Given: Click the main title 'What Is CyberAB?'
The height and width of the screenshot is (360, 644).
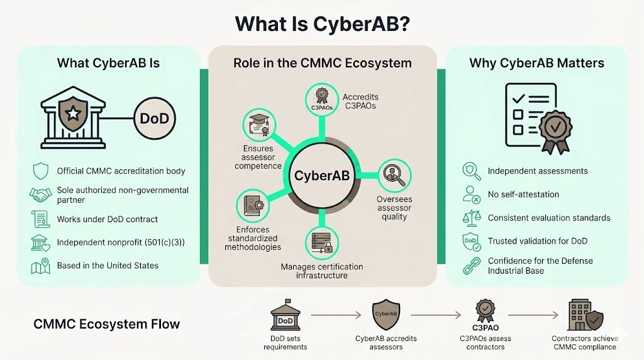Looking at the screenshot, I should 322,24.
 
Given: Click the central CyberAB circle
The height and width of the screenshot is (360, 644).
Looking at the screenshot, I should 321,176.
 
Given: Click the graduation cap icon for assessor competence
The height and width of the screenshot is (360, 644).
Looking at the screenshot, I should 258,125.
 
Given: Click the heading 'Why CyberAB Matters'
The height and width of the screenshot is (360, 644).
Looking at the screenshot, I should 536,63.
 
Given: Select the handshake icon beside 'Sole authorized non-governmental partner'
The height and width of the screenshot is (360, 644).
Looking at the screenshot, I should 41,194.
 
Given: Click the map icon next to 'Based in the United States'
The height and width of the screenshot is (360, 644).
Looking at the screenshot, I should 41,266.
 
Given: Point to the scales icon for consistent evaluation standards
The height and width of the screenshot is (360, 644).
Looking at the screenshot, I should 470,218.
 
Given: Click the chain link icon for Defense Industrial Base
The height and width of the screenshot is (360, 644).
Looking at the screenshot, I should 470,266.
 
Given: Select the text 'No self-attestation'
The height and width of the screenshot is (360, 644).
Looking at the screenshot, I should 523,194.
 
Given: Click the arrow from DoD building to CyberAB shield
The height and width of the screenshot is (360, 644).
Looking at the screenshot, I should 336,313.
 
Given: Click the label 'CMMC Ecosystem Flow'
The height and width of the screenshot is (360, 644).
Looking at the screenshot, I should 106,325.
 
